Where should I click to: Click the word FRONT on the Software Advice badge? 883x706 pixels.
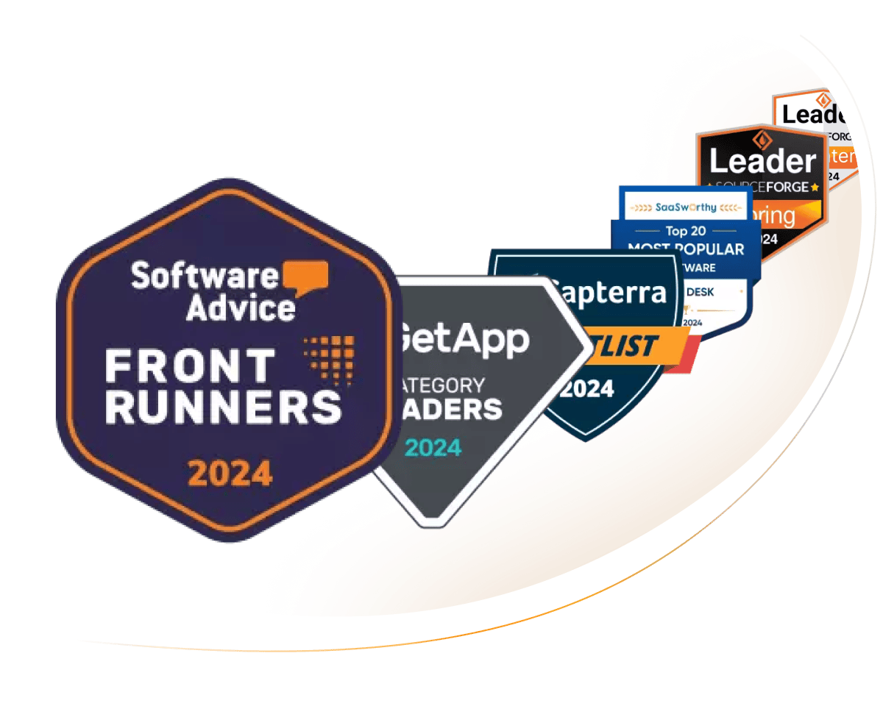point(190,366)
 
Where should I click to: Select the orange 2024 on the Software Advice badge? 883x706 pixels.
point(230,474)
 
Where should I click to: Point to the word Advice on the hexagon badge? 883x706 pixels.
point(240,306)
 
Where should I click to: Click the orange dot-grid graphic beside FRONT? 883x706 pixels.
point(329,358)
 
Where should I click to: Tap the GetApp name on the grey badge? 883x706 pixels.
point(464,339)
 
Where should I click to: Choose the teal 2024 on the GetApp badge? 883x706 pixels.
point(433,447)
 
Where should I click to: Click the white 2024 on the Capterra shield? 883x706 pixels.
point(587,388)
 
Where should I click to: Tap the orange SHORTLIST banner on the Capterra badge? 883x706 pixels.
point(623,344)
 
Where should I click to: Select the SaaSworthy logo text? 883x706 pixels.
point(685,207)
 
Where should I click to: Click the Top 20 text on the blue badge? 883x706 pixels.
point(686,232)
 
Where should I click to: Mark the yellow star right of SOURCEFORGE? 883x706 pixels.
point(815,188)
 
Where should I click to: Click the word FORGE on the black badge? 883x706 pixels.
point(783,187)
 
